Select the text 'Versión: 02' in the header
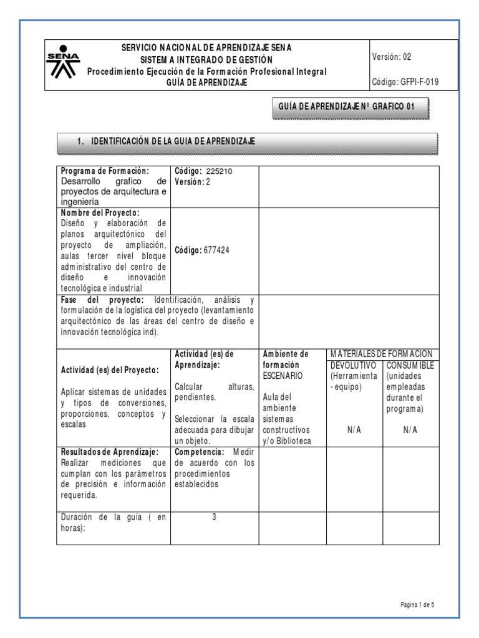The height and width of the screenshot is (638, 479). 391,57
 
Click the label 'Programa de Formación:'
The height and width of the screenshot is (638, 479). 105,171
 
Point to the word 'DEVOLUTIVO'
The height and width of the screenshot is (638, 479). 352,364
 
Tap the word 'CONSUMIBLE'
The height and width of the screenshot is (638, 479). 410,364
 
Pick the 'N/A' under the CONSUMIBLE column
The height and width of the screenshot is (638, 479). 410,430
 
